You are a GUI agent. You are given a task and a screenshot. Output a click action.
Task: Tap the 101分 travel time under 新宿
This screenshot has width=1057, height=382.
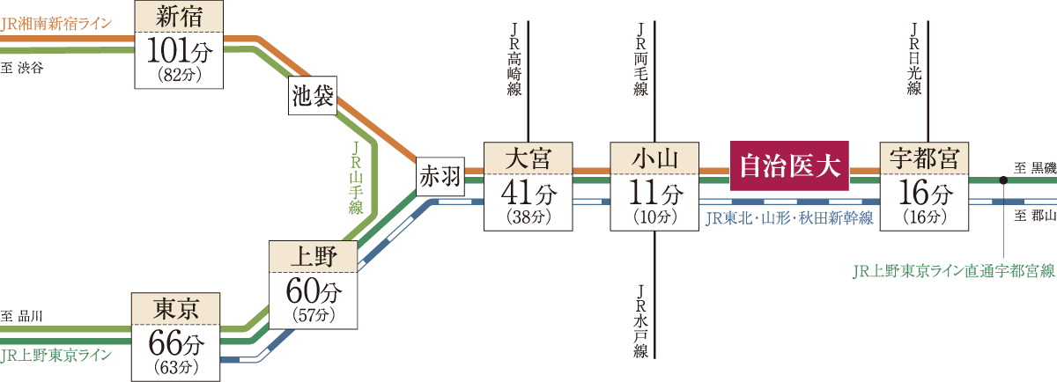pyautogui.click(x=179, y=51)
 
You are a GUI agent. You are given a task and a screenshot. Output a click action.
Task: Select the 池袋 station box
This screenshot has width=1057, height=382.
pyautogui.click(x=313, y=98)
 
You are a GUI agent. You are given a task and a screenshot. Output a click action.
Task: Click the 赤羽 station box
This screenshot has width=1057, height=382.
pyautogui.click(x=440, y=178)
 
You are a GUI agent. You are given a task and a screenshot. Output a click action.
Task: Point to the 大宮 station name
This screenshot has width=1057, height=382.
pyautogui.click(x=528, y=159)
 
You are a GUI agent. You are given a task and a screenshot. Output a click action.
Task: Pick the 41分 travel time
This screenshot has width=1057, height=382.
pyautogui.click(x=528, y=191)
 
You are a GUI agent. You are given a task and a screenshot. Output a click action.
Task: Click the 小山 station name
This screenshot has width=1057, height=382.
pyautogui.click(x=654, y=159)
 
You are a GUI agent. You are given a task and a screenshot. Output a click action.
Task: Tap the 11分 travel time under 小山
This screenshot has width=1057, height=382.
pyautogui.click(x=654, y=191)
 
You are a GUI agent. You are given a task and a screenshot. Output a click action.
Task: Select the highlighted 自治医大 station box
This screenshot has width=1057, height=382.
pyautogui.click(x=788, y=165)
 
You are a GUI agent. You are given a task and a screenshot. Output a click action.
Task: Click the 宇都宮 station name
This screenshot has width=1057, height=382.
pyautogui.click(x=924, y=159)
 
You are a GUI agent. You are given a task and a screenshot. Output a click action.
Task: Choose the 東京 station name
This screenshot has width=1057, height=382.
pyautogui.click(x=175, y=309)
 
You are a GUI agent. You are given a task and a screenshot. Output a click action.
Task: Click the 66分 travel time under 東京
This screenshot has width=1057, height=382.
pyautogui.click(x=175, y=341)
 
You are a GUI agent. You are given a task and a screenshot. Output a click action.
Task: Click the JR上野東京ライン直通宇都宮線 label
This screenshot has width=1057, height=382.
pyautogui.click(x=953, y=272)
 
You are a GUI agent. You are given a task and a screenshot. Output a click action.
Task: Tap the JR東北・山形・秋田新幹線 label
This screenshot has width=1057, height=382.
pyautogui.click(x=789, y=217)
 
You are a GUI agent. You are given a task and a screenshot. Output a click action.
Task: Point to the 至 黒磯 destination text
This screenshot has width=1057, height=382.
pyautogui.click(x=1033, y=168)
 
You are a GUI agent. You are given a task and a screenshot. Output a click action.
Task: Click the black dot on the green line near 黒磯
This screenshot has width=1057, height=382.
pyautogui.click(x=1003, y=180)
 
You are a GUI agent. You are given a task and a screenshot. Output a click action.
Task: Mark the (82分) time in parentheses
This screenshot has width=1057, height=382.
pyautogui.click(x=179, y=75)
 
